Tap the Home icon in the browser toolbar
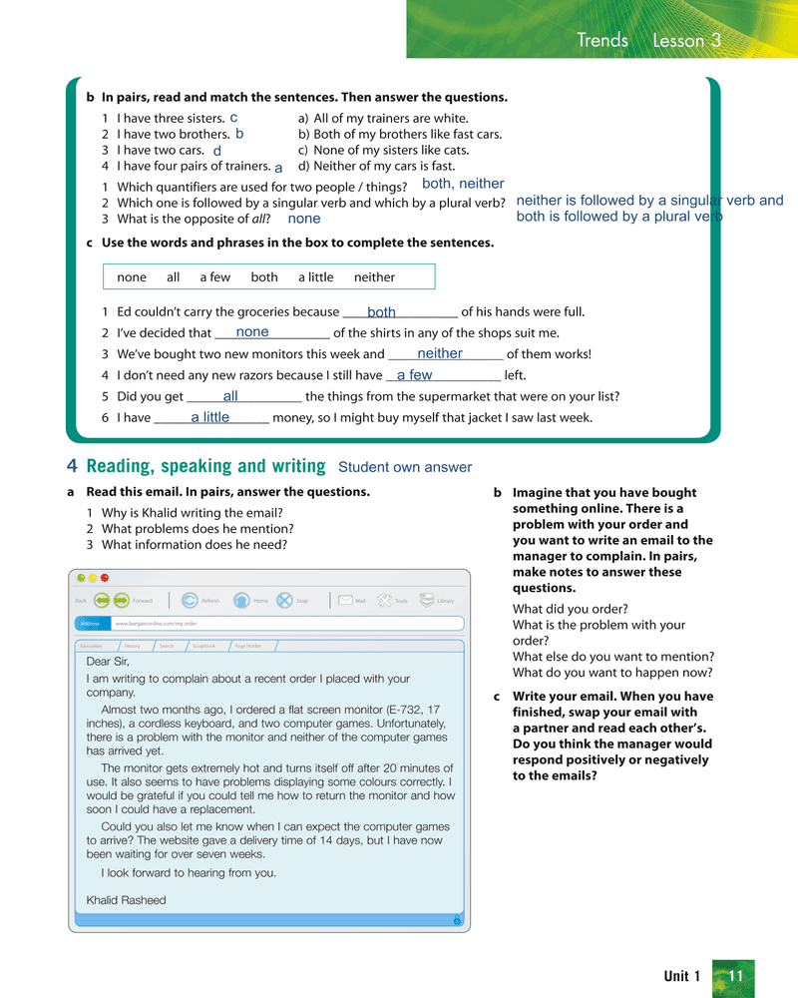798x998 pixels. coord(241,600)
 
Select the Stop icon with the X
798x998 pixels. coord(285,600)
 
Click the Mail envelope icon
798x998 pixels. coord(345,600)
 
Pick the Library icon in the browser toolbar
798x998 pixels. coord(427,600)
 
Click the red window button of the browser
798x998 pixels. coord(105,578)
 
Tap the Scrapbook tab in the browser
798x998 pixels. coord(203,646)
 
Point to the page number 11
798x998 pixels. coord(735,976)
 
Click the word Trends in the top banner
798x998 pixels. coord(602,40)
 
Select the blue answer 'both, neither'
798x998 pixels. coord(463,184)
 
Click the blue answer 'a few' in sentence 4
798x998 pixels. coord(414,375)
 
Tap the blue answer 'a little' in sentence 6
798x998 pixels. coord(209,417)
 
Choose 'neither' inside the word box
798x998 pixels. coord(374,276)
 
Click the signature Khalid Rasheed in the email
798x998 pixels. coord(127,900)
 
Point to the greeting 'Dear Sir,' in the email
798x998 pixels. coord(108,661)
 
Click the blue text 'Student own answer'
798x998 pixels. coord(405,467)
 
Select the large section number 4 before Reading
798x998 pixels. coord(73,466)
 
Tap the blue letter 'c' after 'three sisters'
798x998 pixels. coord(233,118)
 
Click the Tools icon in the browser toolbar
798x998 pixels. coord(387,600)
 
